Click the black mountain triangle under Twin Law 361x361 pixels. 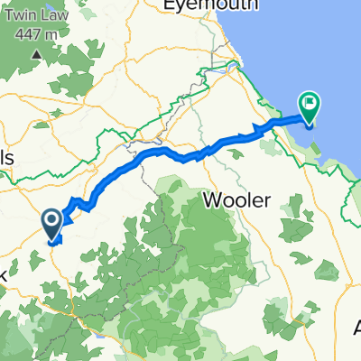tap(37, 53)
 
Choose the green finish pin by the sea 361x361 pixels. tap(310, 107)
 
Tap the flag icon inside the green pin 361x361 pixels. tap(310, 104)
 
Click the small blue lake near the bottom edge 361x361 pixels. tap(96, 343)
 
